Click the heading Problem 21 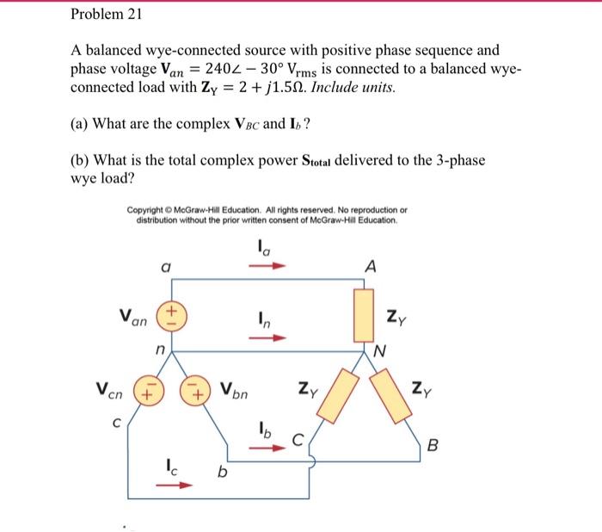pyautogui.click(x=107, y=15)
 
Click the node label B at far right pyautogui.click(x=433, y=447)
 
